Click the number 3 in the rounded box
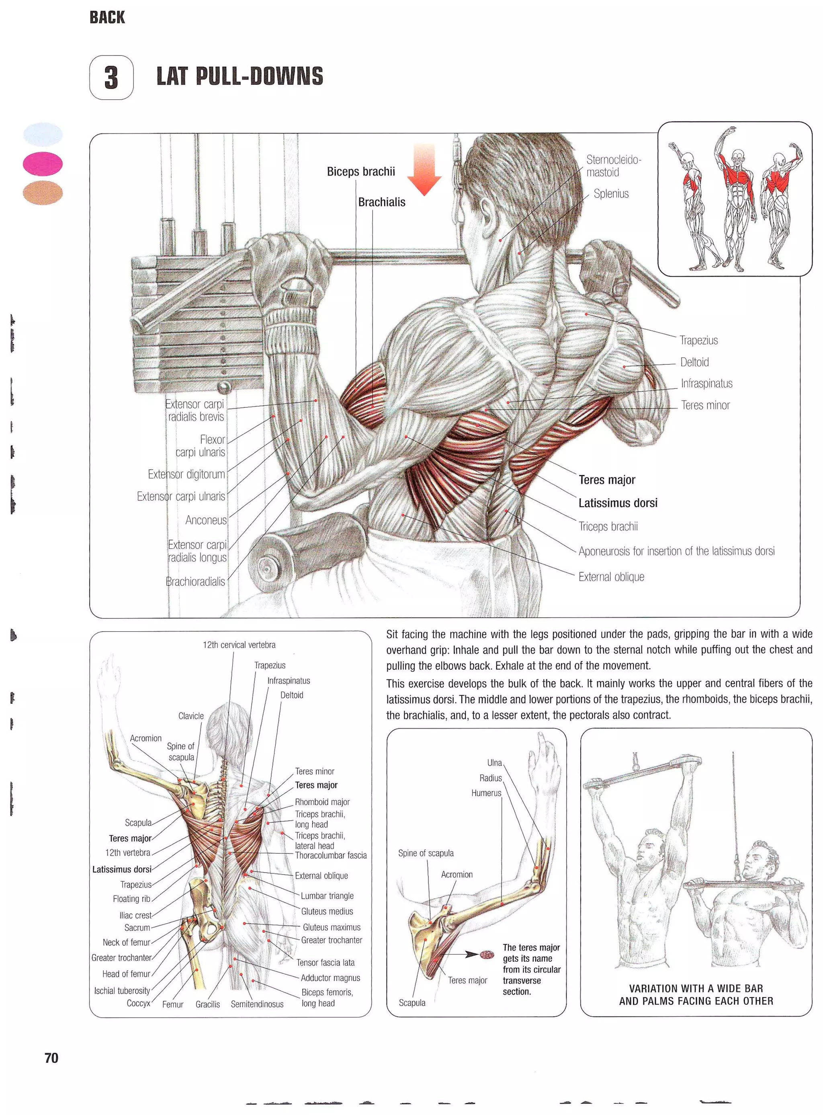(x=111, y=78)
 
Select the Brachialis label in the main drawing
(x=382, y=202)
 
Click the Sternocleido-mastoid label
(x=613, y=166)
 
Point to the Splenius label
(x=611, y=194)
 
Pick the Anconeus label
(x=206, y=520)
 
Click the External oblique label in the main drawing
(x=611, y=577)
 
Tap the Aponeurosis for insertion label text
(x=676, y=551)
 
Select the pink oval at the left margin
(x=43, y=164)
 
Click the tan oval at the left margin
(x=43, y=193)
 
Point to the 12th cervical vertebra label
(x=239, y=645)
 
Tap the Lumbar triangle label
(x=327, y=896)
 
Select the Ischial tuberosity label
(x=122, y=990)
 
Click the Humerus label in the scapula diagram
(x=486, y=793)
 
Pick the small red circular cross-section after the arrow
(x=486, y=955)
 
